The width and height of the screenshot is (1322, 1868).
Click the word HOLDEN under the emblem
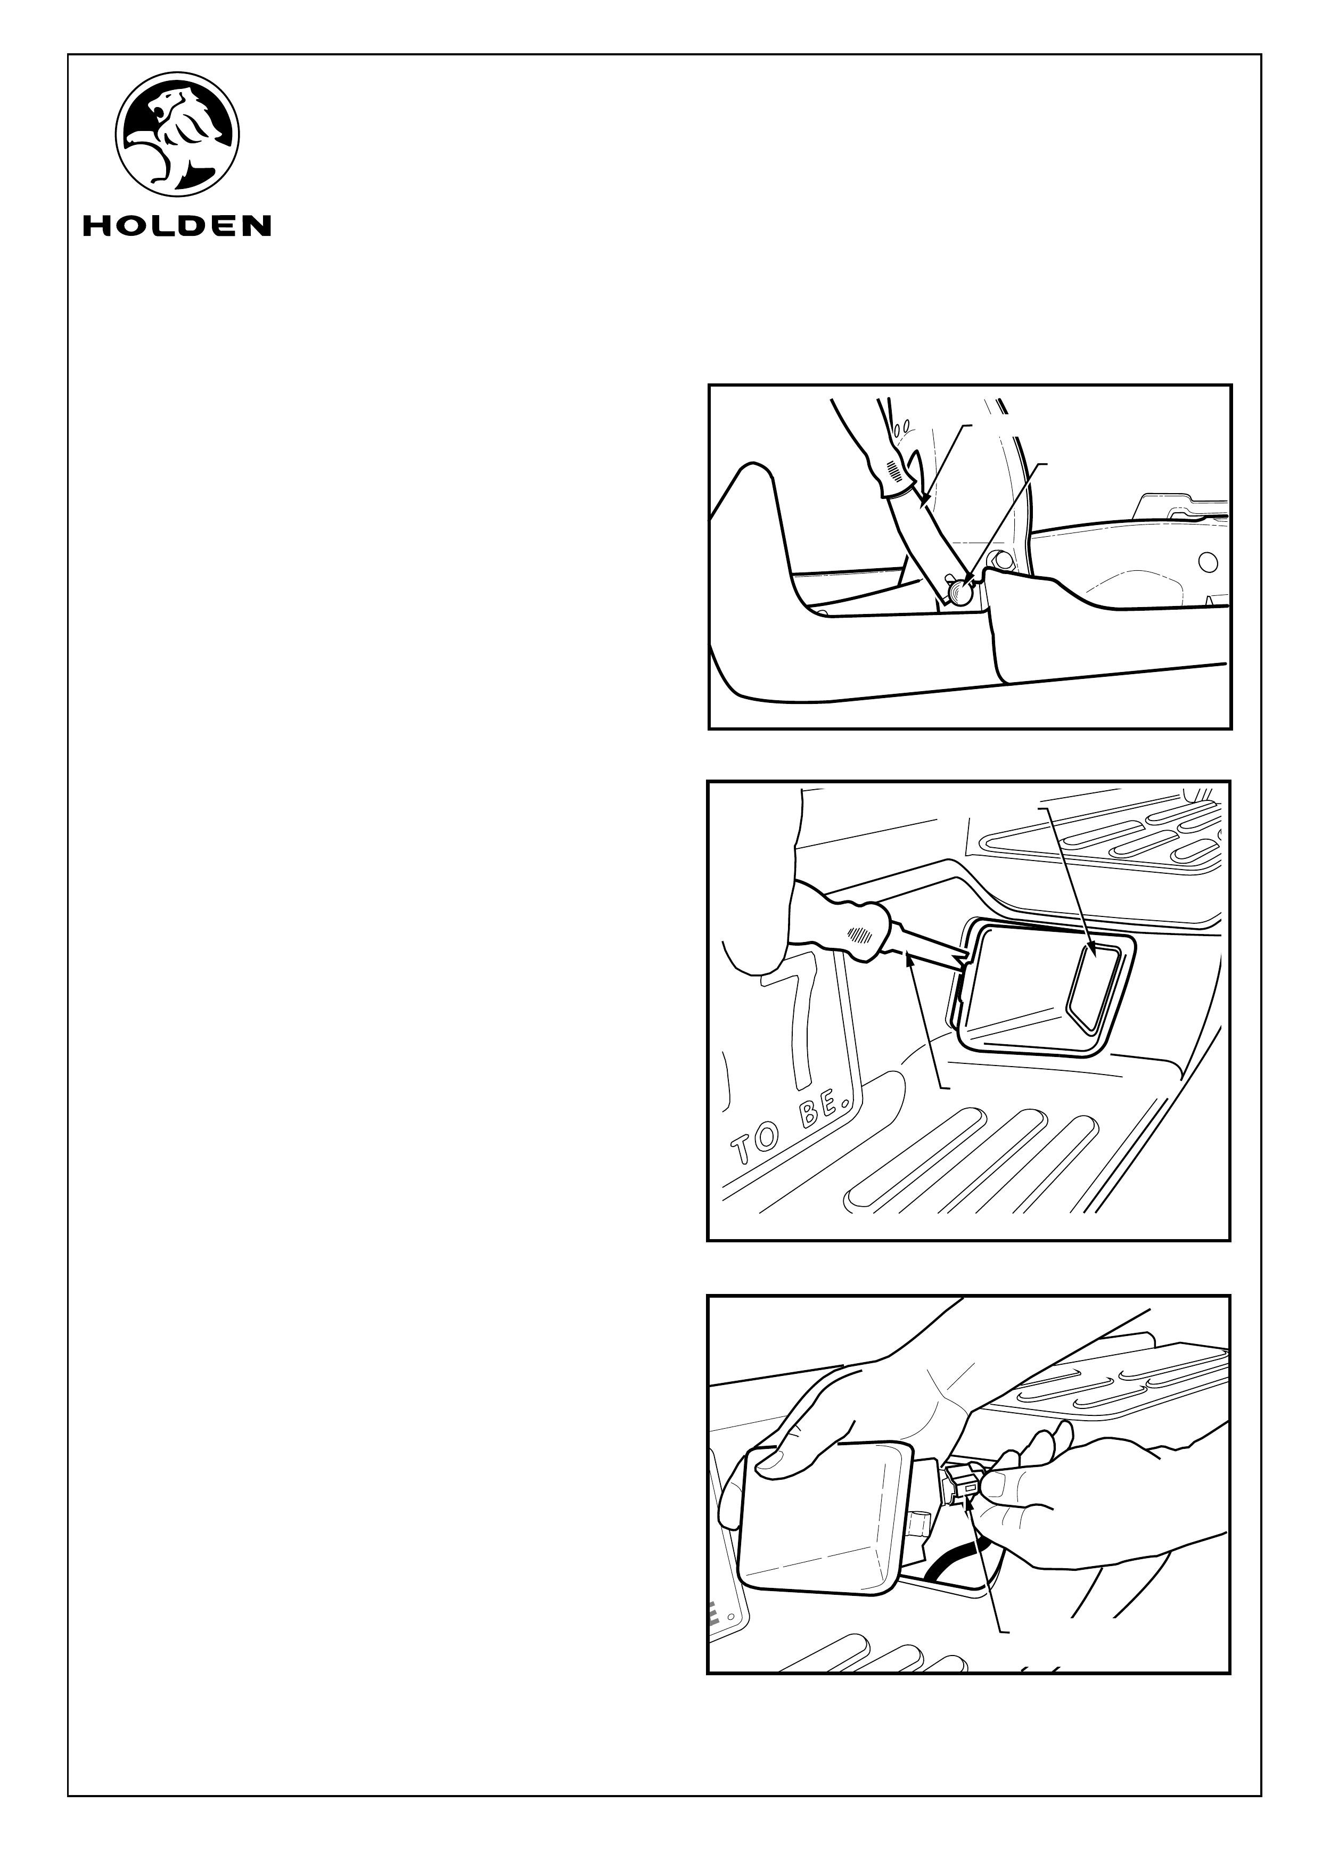(x=177, y=225)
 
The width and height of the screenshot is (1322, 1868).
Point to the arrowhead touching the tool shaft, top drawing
(x=925, y=501)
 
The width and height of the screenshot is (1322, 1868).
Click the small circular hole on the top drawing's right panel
(x=1208, y=562)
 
